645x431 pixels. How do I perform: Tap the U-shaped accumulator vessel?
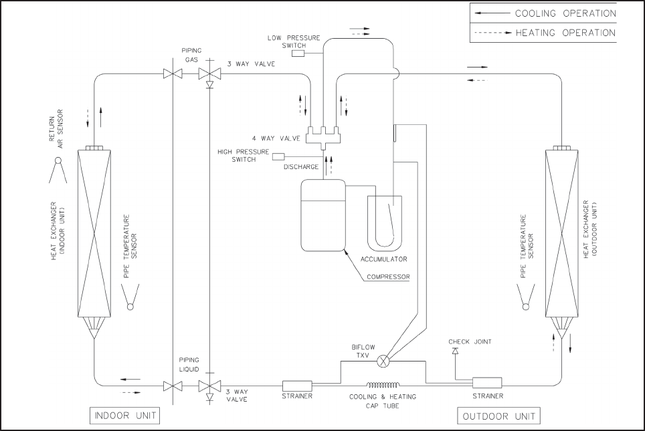click(x=385, y=224)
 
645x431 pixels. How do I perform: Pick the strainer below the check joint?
click(x=487, y=382)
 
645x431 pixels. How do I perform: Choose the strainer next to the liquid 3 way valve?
click(x=297, y=386)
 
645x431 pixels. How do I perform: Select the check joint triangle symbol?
click(x=455, y=350)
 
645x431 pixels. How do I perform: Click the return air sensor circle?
click(x=58, y=160)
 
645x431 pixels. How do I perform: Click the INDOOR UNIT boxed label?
click(x=124, y=416)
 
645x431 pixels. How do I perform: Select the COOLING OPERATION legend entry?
click(x=543, y=13)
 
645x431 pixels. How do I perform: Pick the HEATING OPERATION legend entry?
click(x=543, y=32)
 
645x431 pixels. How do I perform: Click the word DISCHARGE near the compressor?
click(x=301, y=167)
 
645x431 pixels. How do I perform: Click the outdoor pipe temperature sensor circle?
click(x=526, y=306)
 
